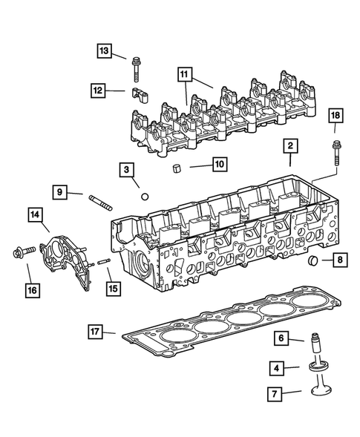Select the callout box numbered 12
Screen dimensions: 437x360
click(99, 90)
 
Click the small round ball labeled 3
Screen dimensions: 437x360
click(145, 197)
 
